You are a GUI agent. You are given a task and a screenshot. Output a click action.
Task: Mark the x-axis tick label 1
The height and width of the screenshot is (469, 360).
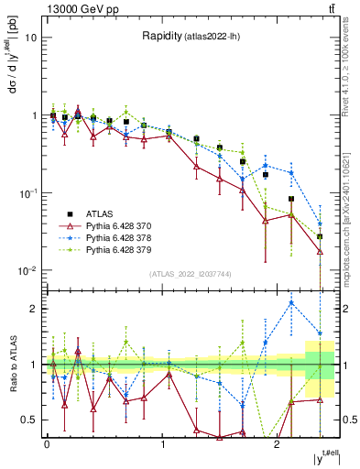coord(162,442)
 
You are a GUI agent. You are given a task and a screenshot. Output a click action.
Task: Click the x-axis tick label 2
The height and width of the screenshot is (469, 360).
coord(277,442)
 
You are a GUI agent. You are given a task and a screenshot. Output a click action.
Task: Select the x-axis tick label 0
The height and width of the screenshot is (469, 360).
coord(47,442)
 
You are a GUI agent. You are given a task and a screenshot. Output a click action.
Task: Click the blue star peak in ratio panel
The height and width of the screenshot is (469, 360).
coord(291,302)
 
